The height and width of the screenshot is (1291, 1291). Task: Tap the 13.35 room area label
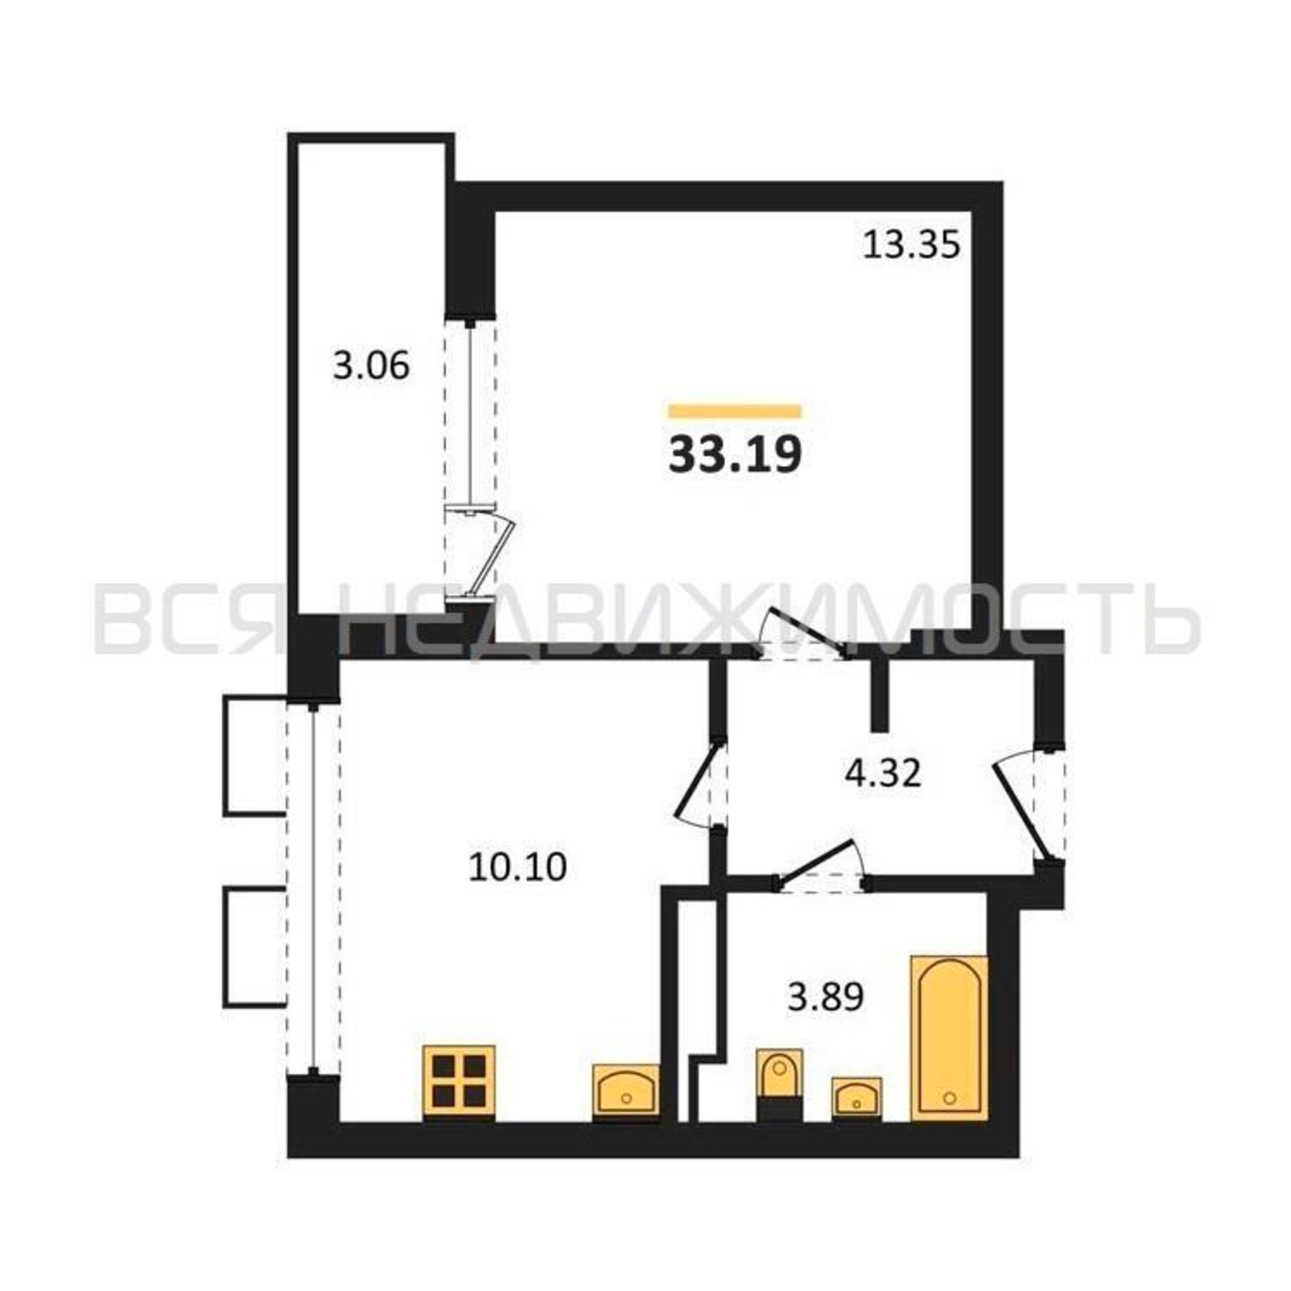(911, 245)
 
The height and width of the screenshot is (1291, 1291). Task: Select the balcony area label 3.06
(371, 366)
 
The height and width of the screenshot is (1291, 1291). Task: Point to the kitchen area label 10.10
(518, 868)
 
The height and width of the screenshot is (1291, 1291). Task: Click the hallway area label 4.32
(882, 775)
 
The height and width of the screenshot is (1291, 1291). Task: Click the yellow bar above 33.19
(735, 411)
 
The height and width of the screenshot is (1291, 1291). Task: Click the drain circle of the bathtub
(950, 1097)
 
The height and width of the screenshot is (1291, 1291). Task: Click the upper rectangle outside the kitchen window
(255, 756)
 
